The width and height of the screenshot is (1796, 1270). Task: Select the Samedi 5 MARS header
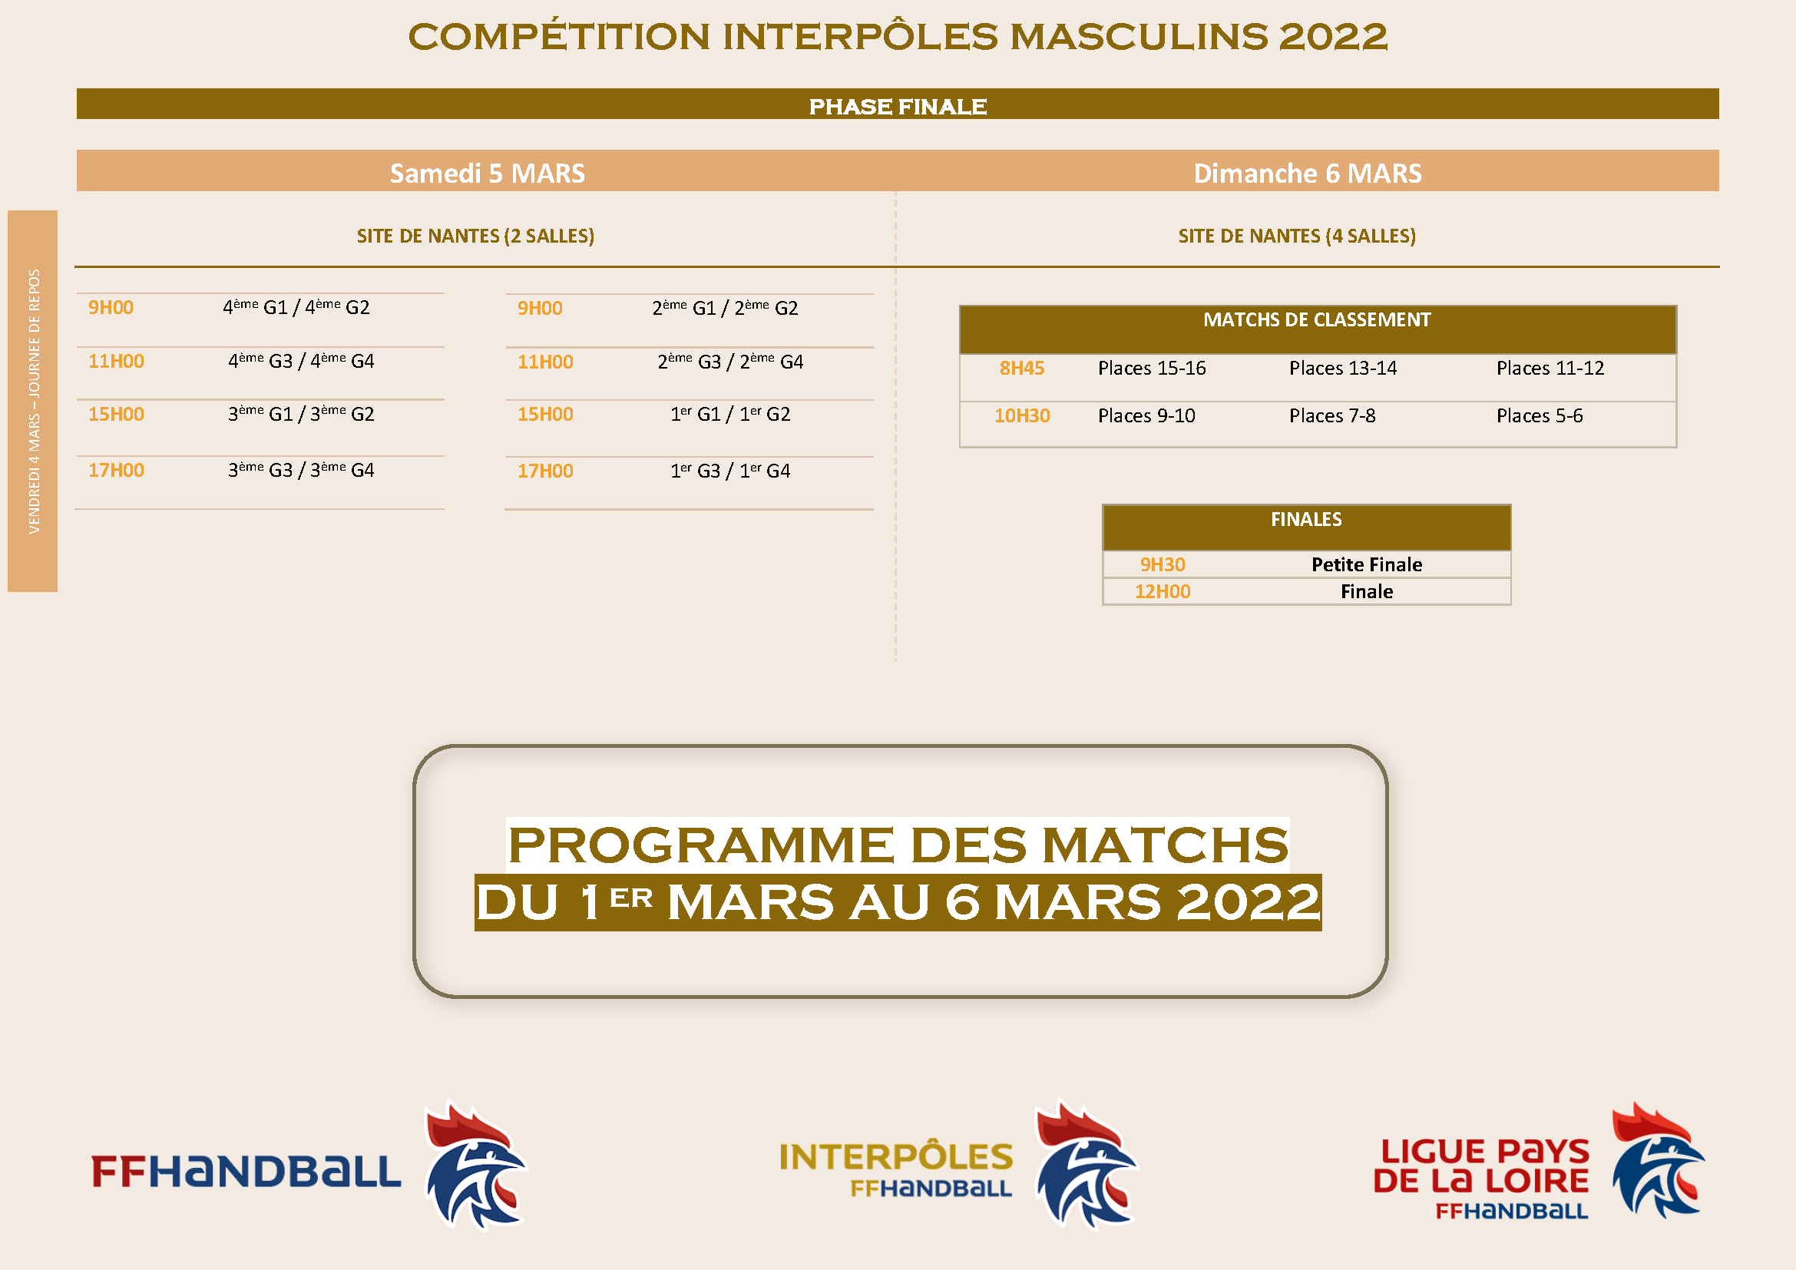click(488, 173)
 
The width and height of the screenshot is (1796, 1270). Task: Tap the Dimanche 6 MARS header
click(1307, 173)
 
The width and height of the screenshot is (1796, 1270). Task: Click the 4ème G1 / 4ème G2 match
click(296, 306)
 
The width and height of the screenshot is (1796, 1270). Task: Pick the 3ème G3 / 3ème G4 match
click(301, 469)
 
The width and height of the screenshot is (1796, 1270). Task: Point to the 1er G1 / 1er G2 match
click(730, 414)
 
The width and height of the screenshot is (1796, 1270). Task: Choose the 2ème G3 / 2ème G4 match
click(730, 361)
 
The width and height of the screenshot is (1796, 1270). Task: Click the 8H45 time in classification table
click(1021, 368)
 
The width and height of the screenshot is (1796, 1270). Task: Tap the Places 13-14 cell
click(1343, 368)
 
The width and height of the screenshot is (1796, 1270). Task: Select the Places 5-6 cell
click(1540, 415)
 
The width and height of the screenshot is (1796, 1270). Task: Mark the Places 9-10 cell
click(1146, 415)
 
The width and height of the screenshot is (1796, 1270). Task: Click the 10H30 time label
click(1021, 415)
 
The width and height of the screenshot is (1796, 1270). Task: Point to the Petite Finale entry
click(1367, 564)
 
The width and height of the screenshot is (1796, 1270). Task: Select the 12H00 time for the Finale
click(1163, 591)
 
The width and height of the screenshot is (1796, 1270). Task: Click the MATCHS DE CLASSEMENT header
click(1317, 320)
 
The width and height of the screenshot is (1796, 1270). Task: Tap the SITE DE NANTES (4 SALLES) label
click(1297, 236)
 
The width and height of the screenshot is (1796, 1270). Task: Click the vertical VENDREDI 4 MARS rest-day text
click(34, 401)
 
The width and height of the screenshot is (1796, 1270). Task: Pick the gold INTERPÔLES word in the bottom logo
click(896, 1156)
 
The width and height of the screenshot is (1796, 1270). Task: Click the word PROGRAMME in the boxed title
click(701, 845)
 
